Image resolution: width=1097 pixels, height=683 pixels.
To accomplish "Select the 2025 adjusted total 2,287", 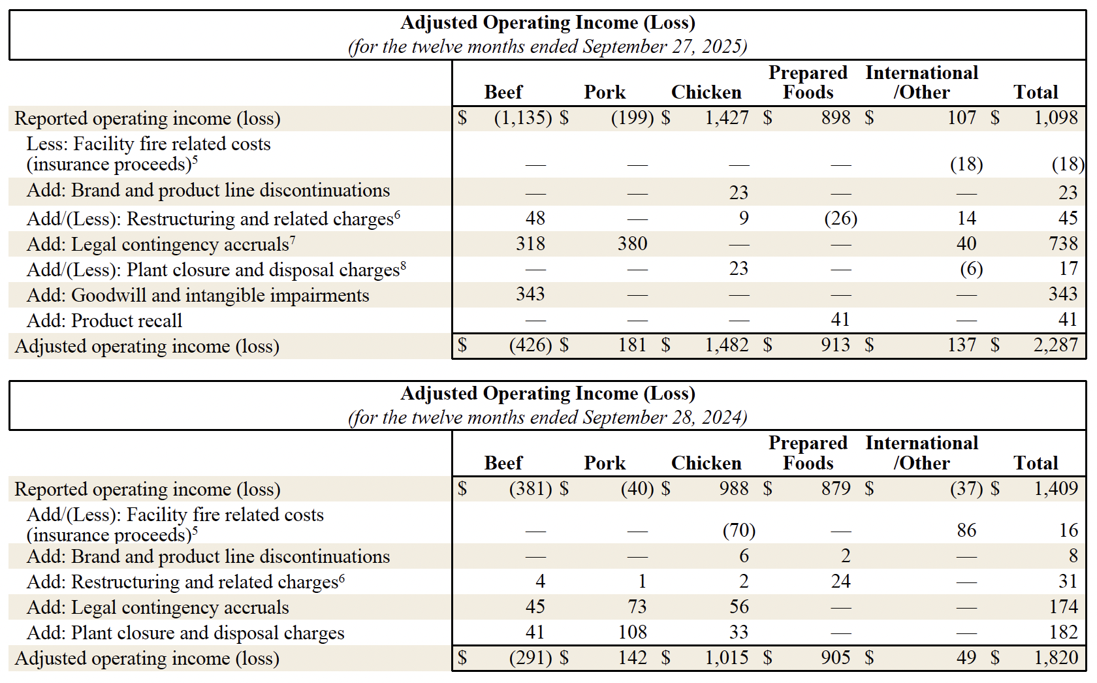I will pos(1055,345).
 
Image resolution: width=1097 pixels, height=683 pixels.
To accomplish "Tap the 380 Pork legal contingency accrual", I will pos(632,244).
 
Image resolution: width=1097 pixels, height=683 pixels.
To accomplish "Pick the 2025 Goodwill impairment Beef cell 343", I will pos(530,294).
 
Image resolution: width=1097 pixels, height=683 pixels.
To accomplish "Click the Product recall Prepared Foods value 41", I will pos(840,320).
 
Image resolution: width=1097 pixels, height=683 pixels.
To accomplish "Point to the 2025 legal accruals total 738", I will pos(1063,244).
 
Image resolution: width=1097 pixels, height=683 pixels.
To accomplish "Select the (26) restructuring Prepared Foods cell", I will pos(840,219).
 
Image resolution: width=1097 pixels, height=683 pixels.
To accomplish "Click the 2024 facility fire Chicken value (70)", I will pos(739,530).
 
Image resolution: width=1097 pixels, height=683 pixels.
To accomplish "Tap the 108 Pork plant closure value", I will pos(632,633).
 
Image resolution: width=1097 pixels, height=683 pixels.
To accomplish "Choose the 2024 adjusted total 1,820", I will pos(1055,658).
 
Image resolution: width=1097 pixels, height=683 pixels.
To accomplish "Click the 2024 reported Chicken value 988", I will pos(733,489).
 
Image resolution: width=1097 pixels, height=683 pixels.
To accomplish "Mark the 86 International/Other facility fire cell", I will pos(966,530).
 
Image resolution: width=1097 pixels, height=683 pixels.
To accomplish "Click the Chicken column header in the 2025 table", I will pos(706,93).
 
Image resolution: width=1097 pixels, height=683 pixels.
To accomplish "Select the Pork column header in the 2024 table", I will pos(605,464).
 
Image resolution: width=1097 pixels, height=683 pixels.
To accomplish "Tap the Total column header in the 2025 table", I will pos(1036,93).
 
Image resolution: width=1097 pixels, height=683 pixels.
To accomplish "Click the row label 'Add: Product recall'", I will pos(104,321).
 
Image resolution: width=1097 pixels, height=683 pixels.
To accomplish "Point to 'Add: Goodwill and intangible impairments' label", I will pos(198,296).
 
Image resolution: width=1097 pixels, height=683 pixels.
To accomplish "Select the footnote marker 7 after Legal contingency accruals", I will pos(293,240).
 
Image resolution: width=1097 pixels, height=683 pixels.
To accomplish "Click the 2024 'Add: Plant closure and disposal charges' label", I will pos(185,633).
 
